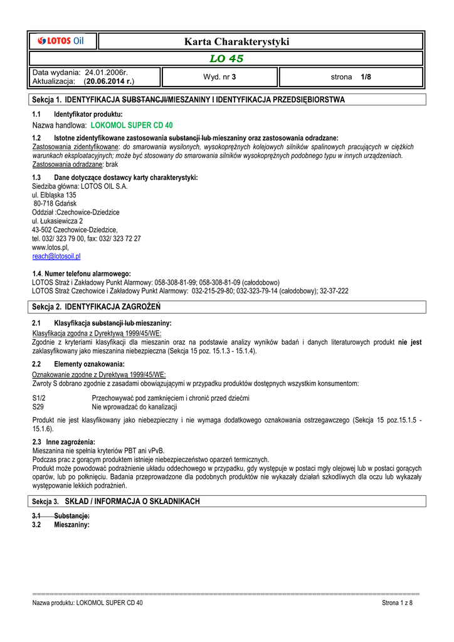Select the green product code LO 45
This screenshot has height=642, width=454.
(x=226, y=59)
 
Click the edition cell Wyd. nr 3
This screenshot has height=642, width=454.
(x=219, y=77)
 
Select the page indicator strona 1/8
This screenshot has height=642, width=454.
(x=351, y=77)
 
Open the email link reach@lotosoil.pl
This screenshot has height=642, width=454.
(x=56, y=256)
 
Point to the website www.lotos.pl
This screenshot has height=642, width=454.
(x=50, y=248)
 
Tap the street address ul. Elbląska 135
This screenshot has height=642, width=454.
(x=54, y=195)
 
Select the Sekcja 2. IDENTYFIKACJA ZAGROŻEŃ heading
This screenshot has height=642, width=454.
(x=97, y=307)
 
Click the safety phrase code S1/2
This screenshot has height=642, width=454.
(x=38, y=398)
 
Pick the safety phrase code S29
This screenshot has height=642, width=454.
(x=37, y=407)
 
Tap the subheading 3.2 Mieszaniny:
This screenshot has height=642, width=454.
(x=61, y=525)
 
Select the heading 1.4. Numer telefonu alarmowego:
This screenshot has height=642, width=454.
(x=82, y=274)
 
